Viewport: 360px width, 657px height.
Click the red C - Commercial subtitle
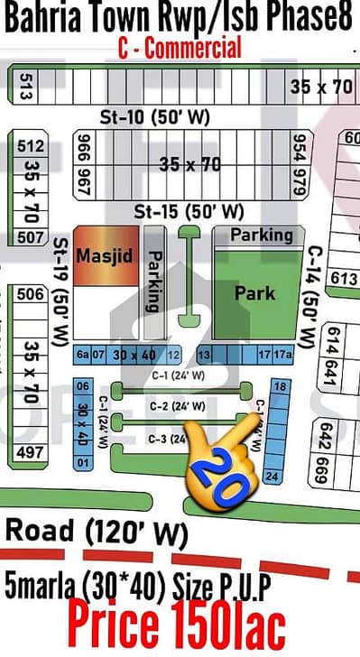(180, 48)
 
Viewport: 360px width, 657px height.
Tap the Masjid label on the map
(104, 256)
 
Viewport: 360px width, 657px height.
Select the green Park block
(254, 293)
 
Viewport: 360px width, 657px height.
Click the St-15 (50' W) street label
(188, 212)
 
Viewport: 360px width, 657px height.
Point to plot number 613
(344, 278)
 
